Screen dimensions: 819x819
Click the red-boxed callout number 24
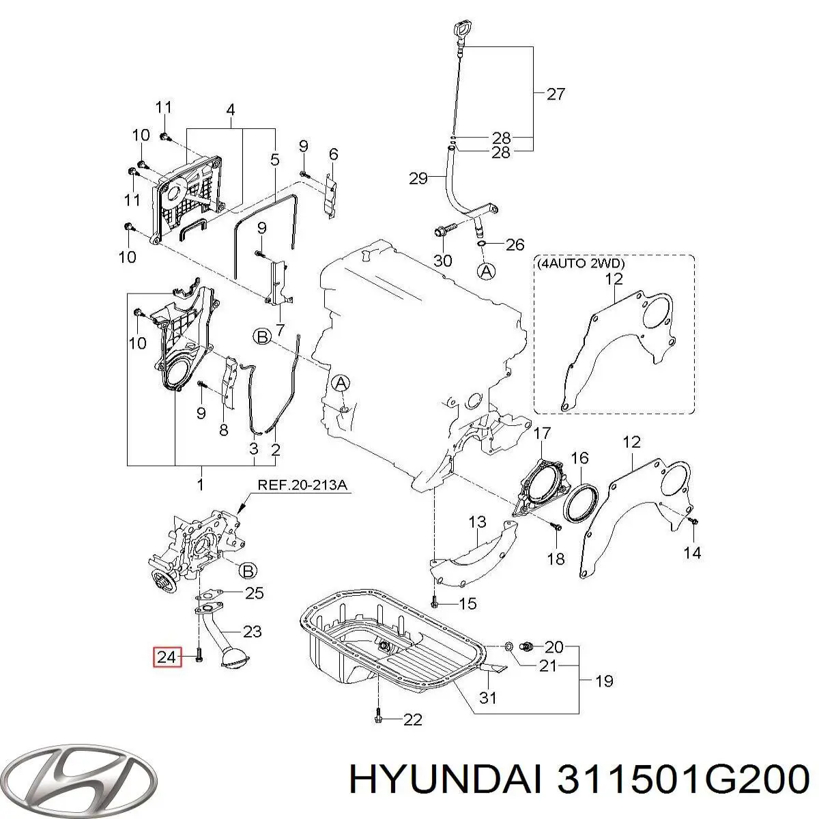[167, 657]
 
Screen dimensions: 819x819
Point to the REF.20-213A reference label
[302, 486]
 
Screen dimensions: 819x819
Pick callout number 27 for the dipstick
[556, 94]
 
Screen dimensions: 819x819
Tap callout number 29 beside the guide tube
[418, 179]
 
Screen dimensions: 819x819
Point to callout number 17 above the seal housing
[541, 433]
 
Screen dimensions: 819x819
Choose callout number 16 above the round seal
[579, 457]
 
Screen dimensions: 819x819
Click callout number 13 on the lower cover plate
[477, 523]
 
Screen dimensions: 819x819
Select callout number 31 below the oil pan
[488, 698]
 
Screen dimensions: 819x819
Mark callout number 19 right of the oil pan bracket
[604, 680]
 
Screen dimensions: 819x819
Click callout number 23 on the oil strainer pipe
[253, 631]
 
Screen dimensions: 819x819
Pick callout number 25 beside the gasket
[254, 593]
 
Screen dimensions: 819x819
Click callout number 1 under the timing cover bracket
[200, 485]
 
